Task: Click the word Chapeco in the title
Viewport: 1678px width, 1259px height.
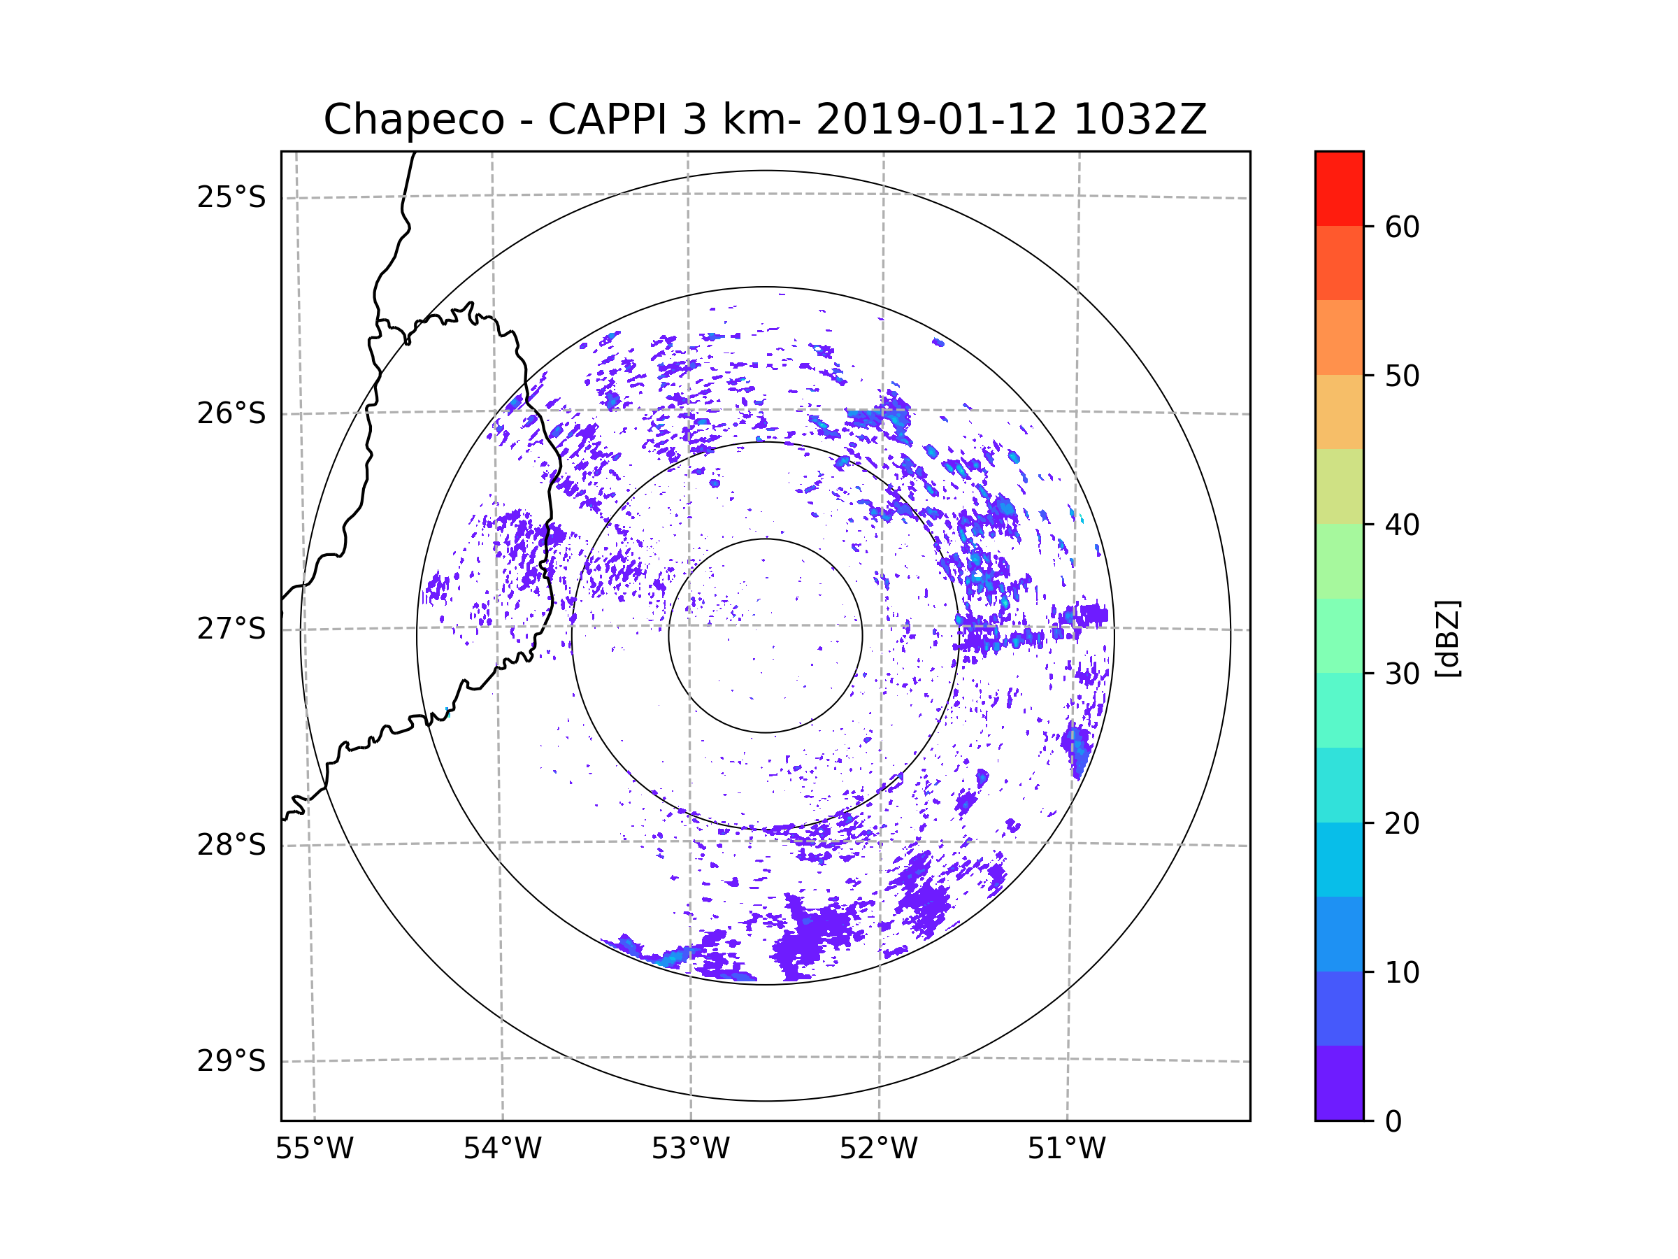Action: (x=413, y=120)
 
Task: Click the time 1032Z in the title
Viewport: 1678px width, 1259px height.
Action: (x=1140, y=120)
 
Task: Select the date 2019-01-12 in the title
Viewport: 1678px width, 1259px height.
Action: (x=935, y=120)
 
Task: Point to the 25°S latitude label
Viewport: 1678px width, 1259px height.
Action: (x=231, y=197)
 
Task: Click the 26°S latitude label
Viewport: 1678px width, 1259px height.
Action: (x=231, y=413)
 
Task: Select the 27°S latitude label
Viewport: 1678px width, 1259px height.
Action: (x=231, y=629)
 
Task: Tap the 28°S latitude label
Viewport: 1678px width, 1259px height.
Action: (x=231, y=845)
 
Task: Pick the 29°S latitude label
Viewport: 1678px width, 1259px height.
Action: (x=231, y=1061)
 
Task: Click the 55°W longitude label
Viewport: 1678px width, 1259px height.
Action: (x=314, y=1149)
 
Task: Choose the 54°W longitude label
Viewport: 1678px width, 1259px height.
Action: (x=502, y=1149)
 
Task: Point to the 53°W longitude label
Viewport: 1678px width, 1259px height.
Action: (x=690, y=1149)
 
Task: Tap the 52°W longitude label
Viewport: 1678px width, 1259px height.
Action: (x=878, y=1149)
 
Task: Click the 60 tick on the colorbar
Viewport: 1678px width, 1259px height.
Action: (x=1402, y=227)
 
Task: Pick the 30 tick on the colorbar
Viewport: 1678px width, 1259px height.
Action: (x=1402, y=674)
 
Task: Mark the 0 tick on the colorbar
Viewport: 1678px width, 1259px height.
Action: (x=1393, y=1122)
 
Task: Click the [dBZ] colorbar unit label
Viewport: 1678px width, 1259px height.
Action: (x=1447, y=638)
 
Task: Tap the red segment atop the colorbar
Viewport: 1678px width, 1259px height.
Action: (x=1339, y=188)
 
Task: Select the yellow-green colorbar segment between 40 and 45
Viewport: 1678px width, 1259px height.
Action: (x=1339, y=486)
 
